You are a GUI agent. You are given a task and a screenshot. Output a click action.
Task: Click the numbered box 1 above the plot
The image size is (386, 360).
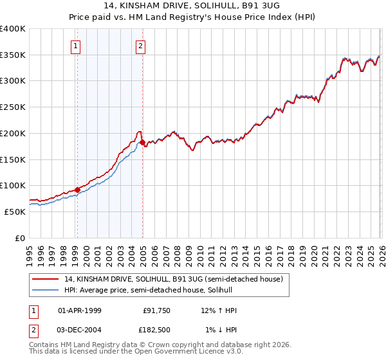point(76,46)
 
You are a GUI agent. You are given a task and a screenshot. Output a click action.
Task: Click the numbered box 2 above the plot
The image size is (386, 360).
point(140,46)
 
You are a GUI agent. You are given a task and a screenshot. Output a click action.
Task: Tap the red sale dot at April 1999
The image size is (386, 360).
point(77,190)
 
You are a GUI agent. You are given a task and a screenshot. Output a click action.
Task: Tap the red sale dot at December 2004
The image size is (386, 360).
point(142,142)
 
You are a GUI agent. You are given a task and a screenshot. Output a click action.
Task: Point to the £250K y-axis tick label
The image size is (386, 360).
point(13,107)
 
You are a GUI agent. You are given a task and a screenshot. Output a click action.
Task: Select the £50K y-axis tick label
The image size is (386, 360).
point(15,212)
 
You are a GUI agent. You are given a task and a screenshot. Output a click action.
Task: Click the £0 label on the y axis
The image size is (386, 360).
point(21,238)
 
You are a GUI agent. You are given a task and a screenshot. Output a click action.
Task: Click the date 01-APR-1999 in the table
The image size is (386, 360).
point(80,310)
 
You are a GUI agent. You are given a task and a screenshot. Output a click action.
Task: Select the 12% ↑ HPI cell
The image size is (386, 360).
point(219,310)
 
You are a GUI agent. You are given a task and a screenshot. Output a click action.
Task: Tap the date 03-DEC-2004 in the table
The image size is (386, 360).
point(80,330)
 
